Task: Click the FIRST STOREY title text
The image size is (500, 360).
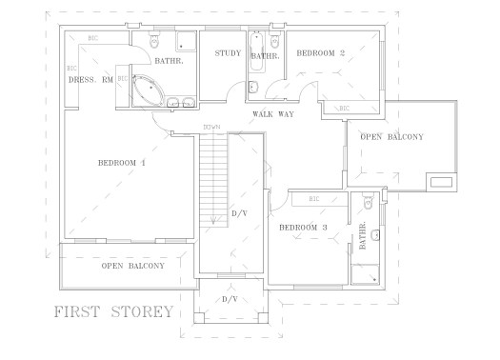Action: pyautogui.click(x=112, y=311)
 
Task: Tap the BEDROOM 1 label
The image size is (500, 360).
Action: pyautogui.click(x=122, y=163)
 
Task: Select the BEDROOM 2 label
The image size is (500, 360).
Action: pyautogui.click(x=321, y=53)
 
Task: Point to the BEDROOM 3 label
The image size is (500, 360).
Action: pyautogui.click(x=303, y=228)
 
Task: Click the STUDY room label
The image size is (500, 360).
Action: pyautogui.click(x=227, y=53)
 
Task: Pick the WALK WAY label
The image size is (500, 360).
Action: pyautogui.click(x=272, y=114)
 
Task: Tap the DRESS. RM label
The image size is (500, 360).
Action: pyautogui.click(x=90, y=80)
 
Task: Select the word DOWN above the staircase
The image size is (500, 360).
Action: pyautogui.click(x=211, y=128)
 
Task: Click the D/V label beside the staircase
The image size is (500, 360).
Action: pyautogui.click(x=239, y=213)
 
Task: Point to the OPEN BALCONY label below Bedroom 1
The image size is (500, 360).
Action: pyautogui.click(x=132, y=266)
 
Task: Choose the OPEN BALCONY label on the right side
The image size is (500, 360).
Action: pyautogui.click(x=391, y=137)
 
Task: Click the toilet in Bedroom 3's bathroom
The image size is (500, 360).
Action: pyautogui.click(x=375, y=233)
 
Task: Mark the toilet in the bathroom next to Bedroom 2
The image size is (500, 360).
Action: pyautogui.click(x=275, y=40)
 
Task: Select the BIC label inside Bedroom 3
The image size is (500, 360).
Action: pyautogui.click(x=313, y=200)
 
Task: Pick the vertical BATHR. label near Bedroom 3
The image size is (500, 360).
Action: pyautogui.click(x=363, y=236)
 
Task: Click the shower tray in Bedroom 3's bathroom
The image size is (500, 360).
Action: pyautogui.click(x=364, y=270)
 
